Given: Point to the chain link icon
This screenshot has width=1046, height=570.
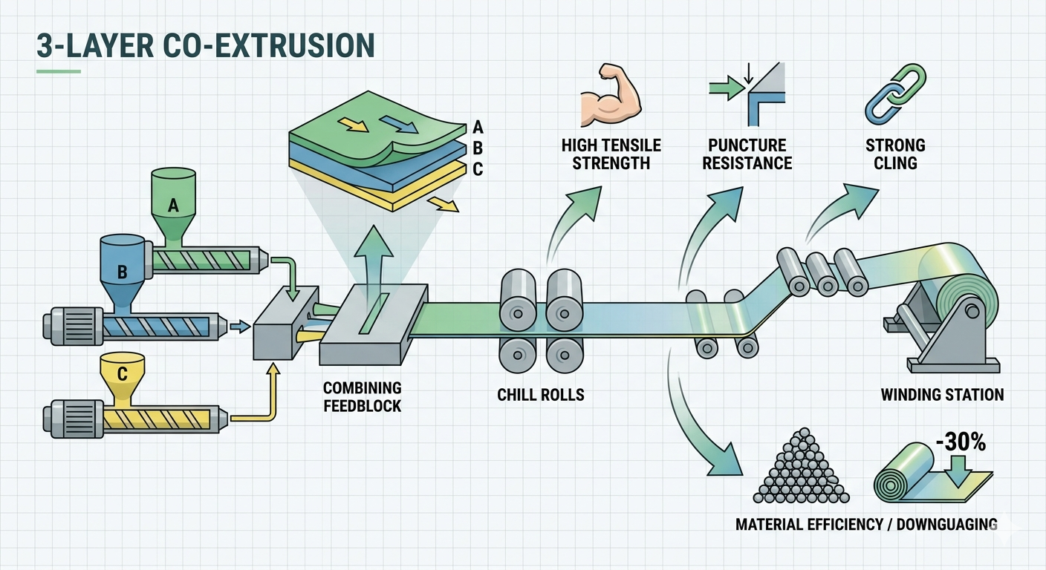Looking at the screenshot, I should click(x=894, y=93).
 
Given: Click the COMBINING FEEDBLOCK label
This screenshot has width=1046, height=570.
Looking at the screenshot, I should click(x=363, y=396).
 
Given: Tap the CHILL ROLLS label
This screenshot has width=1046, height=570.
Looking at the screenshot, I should click(x=541, y=395).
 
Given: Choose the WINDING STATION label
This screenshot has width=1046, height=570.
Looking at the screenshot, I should click(x=942, y=395).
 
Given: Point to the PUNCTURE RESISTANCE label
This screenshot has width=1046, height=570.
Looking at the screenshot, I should click(x=747, y=154).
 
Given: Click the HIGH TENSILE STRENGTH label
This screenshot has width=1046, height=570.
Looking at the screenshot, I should click(x=611, y=154).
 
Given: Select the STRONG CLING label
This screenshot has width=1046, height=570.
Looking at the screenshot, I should click(x=895, y=154).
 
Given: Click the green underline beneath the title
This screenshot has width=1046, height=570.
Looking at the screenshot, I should click(x=58, y=72).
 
